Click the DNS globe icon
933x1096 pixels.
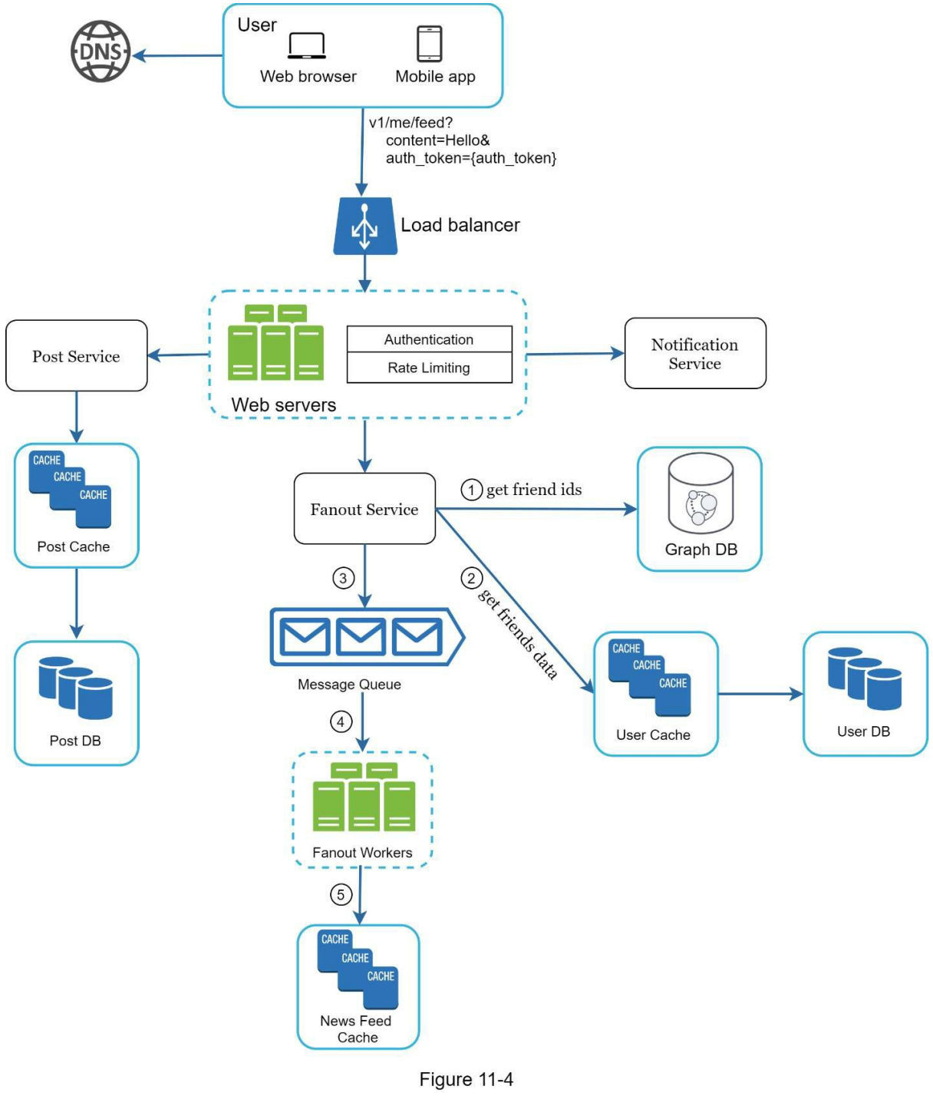click(101, 51)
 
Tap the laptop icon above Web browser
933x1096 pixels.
click(307, 45)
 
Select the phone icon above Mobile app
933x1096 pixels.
click(429, 43)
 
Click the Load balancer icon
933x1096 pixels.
click(365, 226)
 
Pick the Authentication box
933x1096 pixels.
click(429, 339)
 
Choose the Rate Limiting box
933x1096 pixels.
click(429, 368)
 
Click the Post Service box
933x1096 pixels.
click(76, 356)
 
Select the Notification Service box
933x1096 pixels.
click(695, 354)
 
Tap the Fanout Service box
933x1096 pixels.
click(364, 509)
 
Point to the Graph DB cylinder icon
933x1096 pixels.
click(701, 494)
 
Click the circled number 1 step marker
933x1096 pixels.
click(471, 490)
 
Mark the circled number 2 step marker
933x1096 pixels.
click(471, 578)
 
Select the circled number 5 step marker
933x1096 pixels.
click(341, 894)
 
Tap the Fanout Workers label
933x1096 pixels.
click(362, 853)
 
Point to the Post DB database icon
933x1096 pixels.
click(76, 688)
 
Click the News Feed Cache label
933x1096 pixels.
click(357, 1029)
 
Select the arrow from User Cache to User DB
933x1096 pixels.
click(760, 694)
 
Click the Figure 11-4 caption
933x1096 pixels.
click(466, 1080)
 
